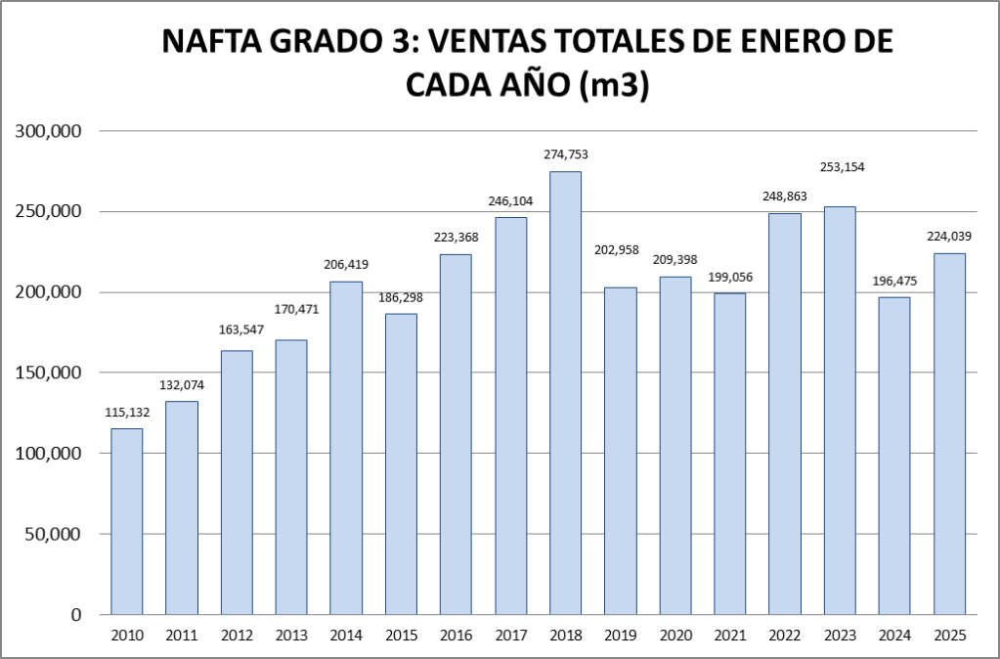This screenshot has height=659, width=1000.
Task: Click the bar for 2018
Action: [566, 393]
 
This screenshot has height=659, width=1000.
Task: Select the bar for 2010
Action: [126, 521]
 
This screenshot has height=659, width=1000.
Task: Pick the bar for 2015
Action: [401, 463]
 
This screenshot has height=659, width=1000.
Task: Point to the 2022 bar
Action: [785, 414]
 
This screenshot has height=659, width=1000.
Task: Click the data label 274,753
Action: [566, 154]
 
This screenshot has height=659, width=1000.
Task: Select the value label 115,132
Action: [126, 413]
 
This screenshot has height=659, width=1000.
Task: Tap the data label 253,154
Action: [840, 167]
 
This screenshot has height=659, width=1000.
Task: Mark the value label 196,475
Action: [894, 282]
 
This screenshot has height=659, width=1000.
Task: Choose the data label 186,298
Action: [401, 296]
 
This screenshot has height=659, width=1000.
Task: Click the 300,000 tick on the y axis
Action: [49, 131]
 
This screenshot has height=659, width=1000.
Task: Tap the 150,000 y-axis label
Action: [49, 373]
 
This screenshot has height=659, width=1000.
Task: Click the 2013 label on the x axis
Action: [291, 636]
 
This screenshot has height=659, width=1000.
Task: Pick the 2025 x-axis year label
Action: [949, 636]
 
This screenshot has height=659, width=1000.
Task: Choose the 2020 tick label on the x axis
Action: [675, 636]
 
